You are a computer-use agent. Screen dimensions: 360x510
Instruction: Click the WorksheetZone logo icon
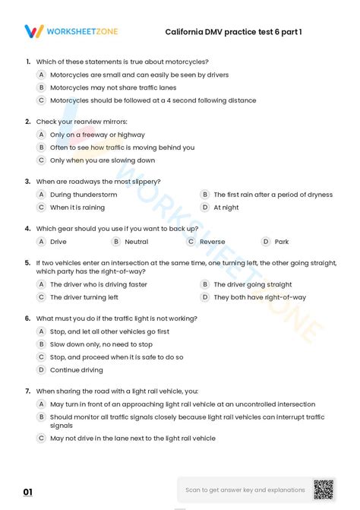34,31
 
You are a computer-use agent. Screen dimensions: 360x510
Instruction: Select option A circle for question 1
42,74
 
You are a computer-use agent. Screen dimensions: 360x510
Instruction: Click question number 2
27,122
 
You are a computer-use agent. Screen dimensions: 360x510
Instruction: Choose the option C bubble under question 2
42,160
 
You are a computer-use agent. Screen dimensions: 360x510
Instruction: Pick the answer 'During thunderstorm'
84,195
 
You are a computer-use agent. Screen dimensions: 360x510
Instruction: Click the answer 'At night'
226,207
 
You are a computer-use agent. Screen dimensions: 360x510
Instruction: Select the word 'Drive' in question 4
58,242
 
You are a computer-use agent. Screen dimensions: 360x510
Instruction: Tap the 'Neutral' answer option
136,242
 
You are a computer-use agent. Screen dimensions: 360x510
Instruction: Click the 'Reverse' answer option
212,242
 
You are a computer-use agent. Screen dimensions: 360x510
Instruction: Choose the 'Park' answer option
281,242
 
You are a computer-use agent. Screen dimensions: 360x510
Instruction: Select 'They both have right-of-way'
260,297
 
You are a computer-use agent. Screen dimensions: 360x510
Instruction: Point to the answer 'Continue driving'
76,370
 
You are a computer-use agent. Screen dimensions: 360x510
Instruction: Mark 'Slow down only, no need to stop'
101,344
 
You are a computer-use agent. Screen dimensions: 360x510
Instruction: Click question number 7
27,391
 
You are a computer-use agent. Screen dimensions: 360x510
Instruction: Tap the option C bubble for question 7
42,438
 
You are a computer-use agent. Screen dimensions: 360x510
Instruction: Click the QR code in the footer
323,490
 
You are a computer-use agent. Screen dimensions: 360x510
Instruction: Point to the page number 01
28,493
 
